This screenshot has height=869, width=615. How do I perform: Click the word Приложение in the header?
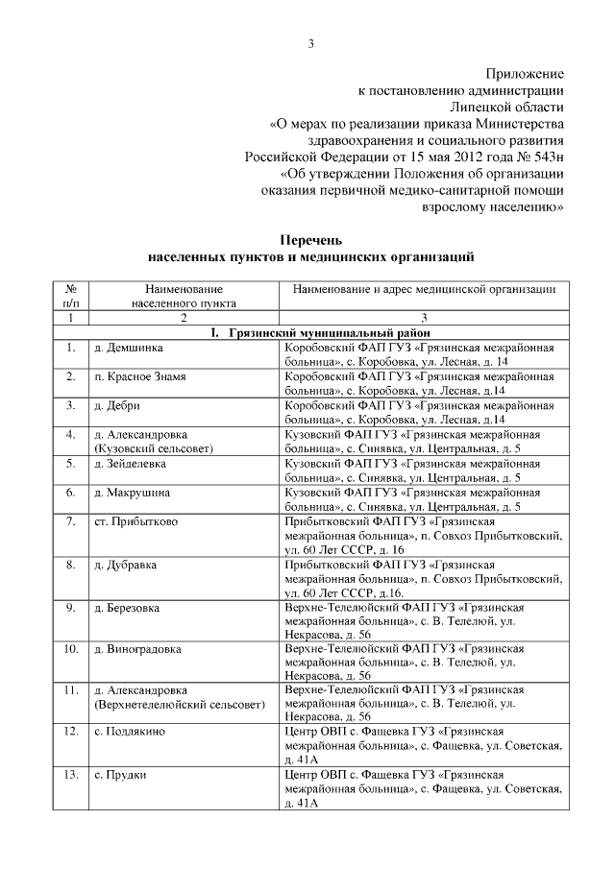(x=525, y=73)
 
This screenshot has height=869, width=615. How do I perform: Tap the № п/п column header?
(x=71, y=296)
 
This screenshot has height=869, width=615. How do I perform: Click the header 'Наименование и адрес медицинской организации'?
(x=423, y=289)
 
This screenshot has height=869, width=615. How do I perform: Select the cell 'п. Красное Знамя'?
(x=139, y=376)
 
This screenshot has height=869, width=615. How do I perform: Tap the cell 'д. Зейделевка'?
(x=130, y=463)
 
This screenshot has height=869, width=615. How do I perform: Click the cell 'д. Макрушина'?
(x=131, y=492)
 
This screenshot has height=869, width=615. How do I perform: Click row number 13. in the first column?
(x=71, y=774)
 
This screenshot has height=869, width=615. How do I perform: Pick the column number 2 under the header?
(x=183, y=317)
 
